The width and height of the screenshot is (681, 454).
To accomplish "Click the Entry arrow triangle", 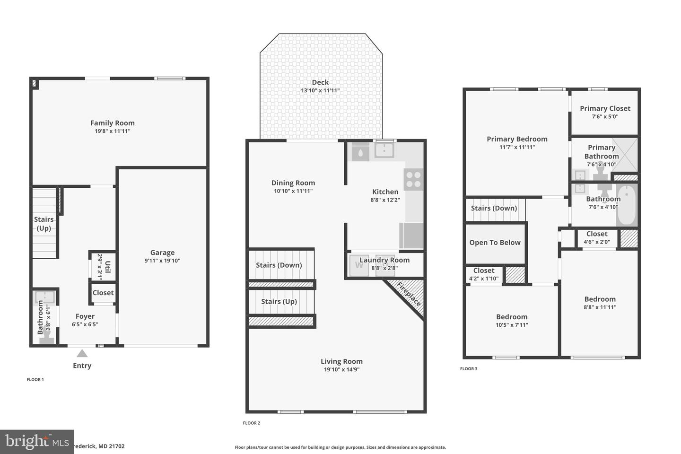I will coord(82,353).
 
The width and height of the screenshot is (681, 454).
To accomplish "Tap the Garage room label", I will coord(162,253).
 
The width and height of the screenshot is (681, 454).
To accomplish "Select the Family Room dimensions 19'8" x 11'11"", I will coord(112,131).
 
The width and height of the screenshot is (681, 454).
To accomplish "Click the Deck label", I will coord(320,82).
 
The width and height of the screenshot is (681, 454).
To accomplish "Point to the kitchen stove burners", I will coord(413,179).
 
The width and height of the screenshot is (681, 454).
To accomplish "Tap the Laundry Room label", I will coord(384,260).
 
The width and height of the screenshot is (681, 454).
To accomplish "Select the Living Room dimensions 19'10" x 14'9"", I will coord(341,369).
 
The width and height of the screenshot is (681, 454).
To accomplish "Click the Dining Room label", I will coord(293,183).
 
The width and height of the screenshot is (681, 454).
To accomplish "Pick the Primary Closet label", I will coord(605,108).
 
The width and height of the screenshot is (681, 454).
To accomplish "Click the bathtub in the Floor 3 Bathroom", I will coord(627,206).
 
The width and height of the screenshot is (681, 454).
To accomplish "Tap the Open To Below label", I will coord(495,243).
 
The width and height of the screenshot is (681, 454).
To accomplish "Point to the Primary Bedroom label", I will coord(517,139).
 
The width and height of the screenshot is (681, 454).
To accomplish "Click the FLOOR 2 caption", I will coord(252,423).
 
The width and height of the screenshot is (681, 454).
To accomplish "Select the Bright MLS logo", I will coord(36,442).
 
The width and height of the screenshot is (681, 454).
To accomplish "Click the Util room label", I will coord(108,267).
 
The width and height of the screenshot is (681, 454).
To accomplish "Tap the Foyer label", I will coord(85,316).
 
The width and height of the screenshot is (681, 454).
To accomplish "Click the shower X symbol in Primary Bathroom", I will coord(625,155).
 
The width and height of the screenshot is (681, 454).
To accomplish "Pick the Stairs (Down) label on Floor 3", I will coord(494,208).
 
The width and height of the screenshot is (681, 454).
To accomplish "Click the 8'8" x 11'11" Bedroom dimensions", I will coord(600,307).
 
